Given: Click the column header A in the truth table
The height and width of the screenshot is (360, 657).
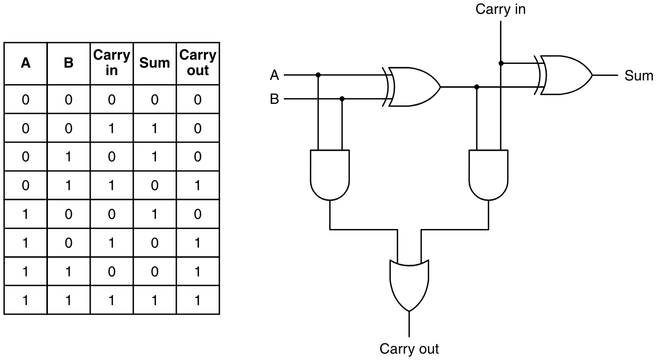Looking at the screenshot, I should click(25, 63).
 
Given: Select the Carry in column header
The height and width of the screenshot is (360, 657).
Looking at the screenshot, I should click(111, 63).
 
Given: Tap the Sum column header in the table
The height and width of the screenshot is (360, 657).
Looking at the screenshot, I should click(154, 63).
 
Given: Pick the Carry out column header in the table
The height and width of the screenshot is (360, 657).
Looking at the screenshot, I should click(198, 63).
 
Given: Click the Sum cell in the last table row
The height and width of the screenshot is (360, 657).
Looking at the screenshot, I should click(154, 300).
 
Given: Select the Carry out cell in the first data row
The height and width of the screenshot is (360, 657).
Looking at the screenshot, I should click(198, 100).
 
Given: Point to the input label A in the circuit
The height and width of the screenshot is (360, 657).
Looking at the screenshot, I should click(275, 75).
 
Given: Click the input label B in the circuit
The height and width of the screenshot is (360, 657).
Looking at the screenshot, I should click(275, 99).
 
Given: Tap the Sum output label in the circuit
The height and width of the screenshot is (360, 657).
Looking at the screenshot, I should click(638, 76).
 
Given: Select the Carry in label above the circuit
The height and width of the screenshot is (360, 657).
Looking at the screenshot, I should click(500, 9).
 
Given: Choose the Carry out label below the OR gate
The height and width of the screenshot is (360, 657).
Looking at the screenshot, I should click(409, 349).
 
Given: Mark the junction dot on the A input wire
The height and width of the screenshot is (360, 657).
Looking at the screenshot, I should click(318, 75).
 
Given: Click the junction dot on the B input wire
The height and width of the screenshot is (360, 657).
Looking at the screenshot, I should click(342, 99).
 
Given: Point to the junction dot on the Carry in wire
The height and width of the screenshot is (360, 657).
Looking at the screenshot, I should click(500, 63).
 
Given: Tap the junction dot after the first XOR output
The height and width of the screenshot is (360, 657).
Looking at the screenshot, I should click(477, 87).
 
